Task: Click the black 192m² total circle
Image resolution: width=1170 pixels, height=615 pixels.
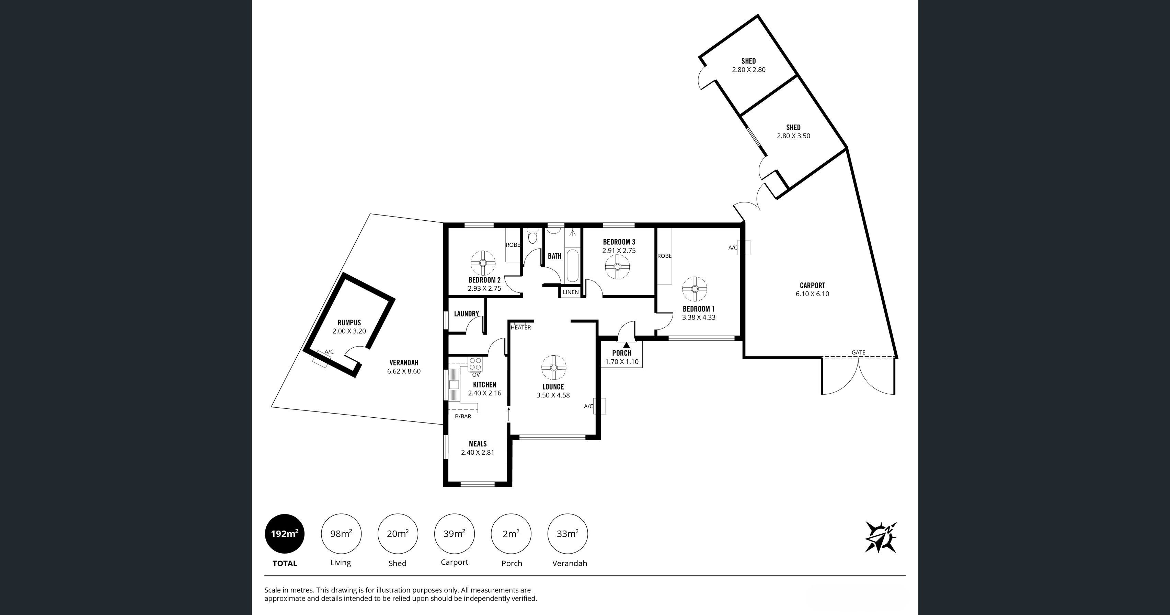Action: point(285,534)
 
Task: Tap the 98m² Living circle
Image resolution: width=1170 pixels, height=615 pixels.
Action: point(341,534)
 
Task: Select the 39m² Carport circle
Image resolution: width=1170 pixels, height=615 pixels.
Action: point(454,534)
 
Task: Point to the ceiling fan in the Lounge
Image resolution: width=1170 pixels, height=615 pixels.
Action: point(554,367)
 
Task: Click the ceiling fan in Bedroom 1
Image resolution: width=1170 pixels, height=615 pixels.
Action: point(695,289)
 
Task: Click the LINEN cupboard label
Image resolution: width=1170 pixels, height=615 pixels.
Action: point(571,292)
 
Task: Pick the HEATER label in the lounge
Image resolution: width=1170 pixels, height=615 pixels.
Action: point(520,327)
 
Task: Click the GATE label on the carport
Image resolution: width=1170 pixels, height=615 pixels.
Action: point(858,352)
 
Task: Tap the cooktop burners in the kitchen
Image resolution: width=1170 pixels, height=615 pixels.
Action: point(475,364)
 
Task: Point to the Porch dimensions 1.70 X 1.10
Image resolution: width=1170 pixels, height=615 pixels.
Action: point(622,362)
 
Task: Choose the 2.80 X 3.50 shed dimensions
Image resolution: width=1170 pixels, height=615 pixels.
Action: point(793,136)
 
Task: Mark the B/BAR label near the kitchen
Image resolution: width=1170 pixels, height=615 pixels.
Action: point(463,416)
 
